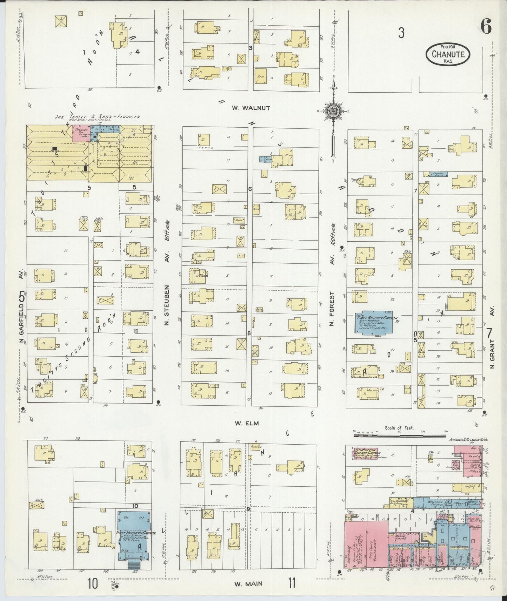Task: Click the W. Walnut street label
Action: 251,108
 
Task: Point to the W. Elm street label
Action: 247,423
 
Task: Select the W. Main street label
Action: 248,584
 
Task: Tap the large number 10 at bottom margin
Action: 93,584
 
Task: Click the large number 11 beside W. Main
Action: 292,583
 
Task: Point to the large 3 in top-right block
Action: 401,33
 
